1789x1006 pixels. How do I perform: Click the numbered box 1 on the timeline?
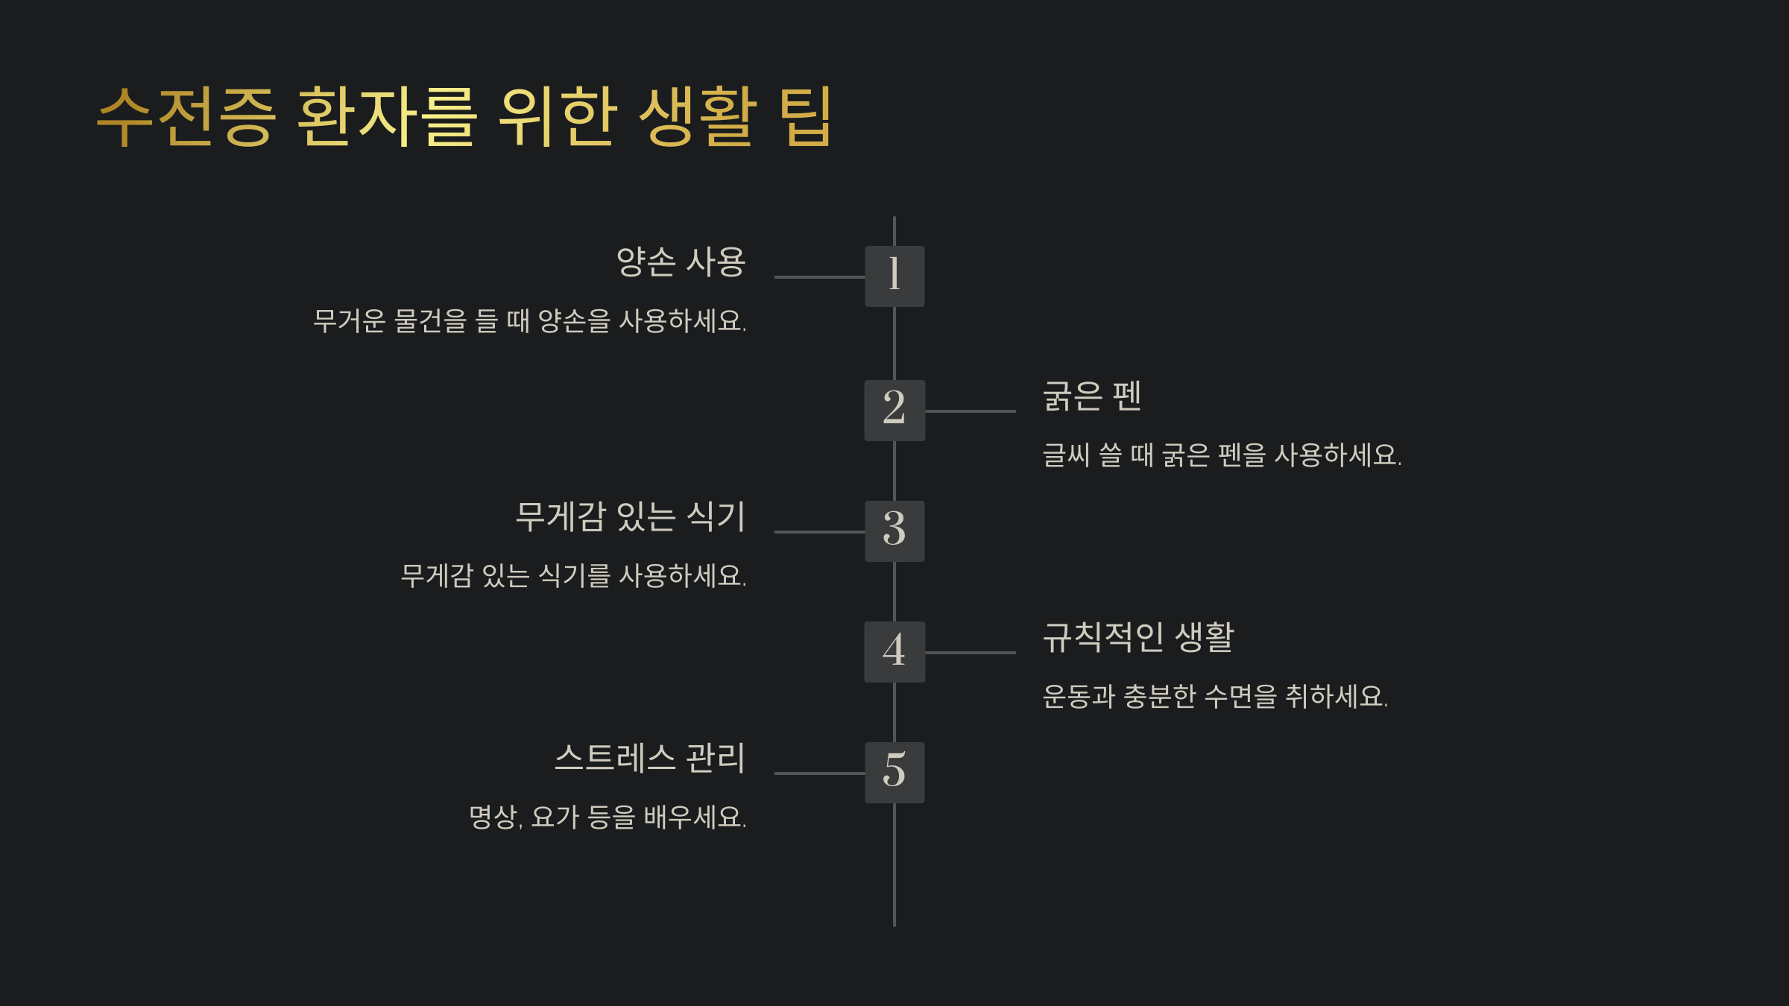point(894,276)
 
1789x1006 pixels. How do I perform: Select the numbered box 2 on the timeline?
point(894,411)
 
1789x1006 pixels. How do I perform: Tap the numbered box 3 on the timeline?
point(894,531)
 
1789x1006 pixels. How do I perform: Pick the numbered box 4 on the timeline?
point(894,652)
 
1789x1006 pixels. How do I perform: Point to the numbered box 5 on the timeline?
point(894,773)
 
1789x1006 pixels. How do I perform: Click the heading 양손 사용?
point(681,262)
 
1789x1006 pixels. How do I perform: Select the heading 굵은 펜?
point(1092,396)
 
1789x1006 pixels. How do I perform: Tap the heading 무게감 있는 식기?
point(630,517)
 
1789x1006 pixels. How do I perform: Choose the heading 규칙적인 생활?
point(1138,638)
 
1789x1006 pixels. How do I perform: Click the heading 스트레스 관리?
point(649,759)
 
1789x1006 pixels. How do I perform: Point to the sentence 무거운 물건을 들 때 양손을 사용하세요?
point(529,321)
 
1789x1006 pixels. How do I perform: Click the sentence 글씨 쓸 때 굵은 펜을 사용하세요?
point(1222,455)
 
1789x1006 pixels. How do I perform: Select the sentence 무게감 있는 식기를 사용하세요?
point(573,576)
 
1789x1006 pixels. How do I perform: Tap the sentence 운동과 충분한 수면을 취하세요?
point(1215,697)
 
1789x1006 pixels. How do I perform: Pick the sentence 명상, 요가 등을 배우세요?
point(608,817)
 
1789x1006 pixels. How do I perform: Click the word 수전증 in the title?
point(186,117)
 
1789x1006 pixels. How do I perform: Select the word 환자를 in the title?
point(386,117)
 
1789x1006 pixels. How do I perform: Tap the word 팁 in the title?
point(805,117)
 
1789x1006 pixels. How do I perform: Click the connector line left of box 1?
point(819,277)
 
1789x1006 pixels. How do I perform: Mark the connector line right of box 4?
point(970,653)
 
